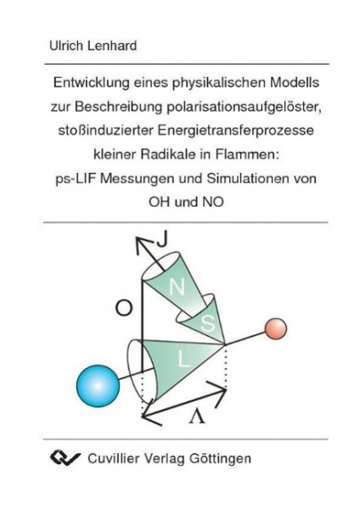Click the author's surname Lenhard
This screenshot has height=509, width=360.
(112, 46)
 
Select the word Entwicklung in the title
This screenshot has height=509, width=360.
(92, 83)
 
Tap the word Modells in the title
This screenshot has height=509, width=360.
(295, 83)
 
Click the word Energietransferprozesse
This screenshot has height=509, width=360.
(236, 131)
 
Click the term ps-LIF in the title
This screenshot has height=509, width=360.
(76, 179)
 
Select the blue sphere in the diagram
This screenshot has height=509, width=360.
(98, 386)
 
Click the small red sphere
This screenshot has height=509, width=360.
(276, 328)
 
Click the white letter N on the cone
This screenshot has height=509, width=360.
(177, 287)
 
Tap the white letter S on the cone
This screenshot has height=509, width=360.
(208, 323)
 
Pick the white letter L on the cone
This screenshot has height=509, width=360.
(183, 360)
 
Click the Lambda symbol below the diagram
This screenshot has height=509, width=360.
(197, 417)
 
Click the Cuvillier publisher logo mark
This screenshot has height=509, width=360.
(65, 458)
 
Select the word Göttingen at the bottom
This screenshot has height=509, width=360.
(220, 459)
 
